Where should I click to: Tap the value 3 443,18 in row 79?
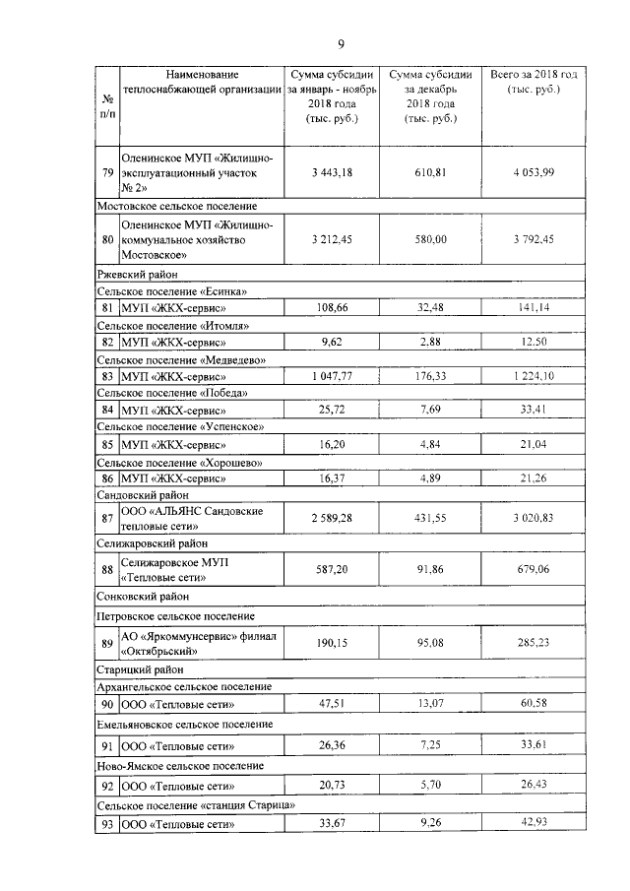[331, 172]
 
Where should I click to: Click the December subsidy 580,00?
[429, 238]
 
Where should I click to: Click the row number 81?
[106, 308]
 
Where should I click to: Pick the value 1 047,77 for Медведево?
[331, 376]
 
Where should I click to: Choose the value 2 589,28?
[331, 518]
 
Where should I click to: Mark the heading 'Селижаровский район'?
[151, 542]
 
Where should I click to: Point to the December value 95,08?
[429, 643]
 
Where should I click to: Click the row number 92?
[106, 787]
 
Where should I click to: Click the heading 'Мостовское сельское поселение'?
[176, 206]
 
